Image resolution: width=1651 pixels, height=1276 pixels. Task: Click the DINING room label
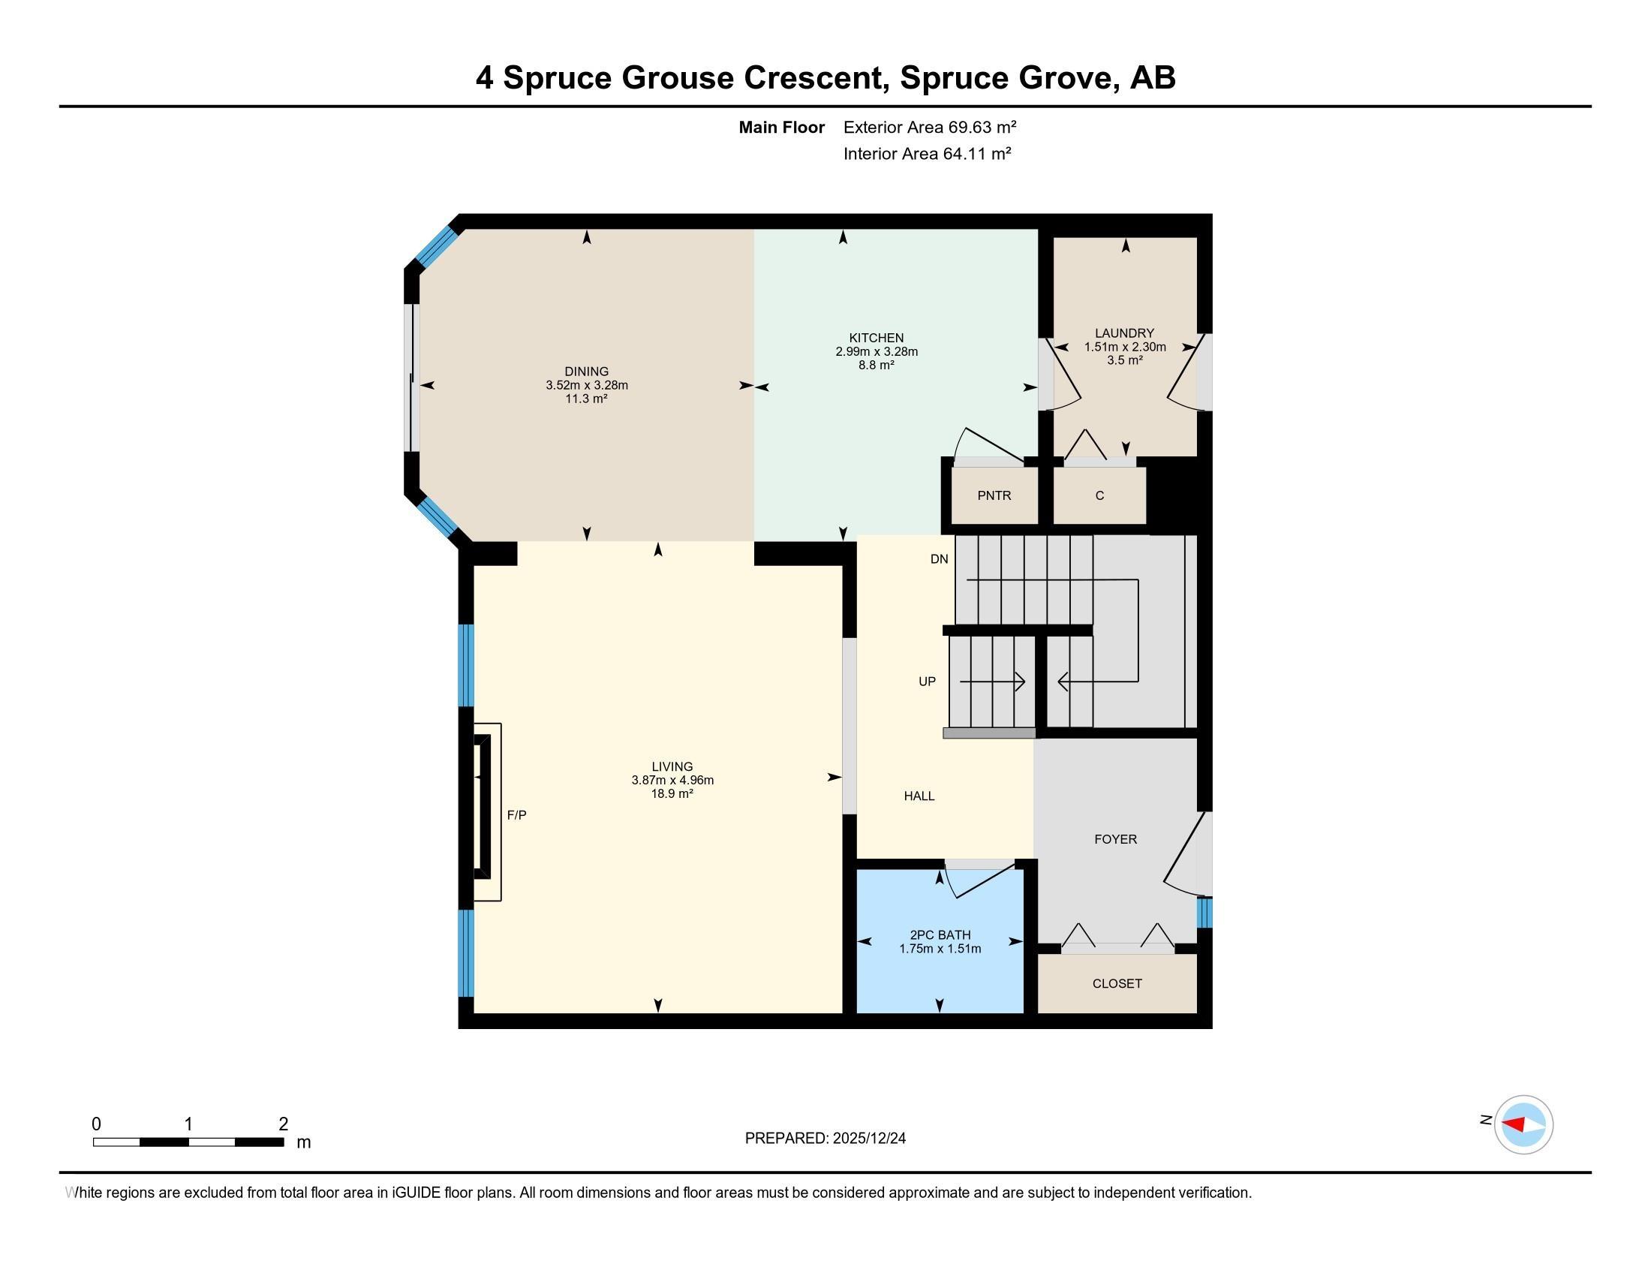pyautogui.click(x=587, y=371)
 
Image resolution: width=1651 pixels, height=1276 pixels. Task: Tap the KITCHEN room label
pyautogui.click(x=876, y=338)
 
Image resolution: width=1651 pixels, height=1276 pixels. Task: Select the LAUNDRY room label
pyautogui.click(x=1125, y=333)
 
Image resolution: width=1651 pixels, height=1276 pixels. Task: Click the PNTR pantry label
pyautogui.click(x=994, y=496)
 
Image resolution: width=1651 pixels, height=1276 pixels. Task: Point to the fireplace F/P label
pyautogui.click(x=516, y=815)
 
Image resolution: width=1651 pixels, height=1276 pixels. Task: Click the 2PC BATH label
pyautogui.click(x=940, y=935)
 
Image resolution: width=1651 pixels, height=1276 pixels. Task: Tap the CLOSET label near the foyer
pyautogui.click(x=1117, y=983)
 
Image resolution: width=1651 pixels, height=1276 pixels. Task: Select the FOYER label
pyautogui.click(x=1116, y=839)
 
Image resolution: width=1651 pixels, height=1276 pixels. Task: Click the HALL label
pyautogui.click(x=919, y=796)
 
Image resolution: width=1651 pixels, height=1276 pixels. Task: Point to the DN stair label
pyautogui.click(x=939, y=559)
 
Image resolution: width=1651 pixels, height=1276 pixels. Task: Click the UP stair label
pyautogui.click(x=927, y=682)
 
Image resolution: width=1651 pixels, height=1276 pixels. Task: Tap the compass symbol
pyautogui.click(x=1523, y=1124)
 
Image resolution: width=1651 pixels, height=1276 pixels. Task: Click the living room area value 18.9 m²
pyautogui.click(x=672, y=793)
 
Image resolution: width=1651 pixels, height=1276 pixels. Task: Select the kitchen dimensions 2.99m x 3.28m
pyautogui.click(x=876, y=351)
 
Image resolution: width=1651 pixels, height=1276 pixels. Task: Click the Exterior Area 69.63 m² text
pyautogui.click(x=930, y=127)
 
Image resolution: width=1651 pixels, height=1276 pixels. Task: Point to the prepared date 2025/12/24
pyautogui.click(x=868, y=1139)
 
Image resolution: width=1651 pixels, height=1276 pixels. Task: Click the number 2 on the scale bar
pyautogui.click(x=284, y=1124)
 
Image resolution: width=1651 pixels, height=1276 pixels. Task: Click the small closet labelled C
pyautogui.click(x=1100, y=496)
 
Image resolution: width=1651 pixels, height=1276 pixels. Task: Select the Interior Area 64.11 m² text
pyautogui.click(x=928, y=154)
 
